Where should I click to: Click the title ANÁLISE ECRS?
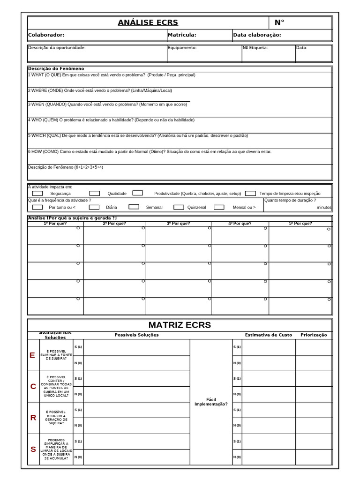coord(148,22)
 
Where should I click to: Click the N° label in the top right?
coord(279,22)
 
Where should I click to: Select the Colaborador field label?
coord(46,35)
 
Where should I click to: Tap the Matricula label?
coord(182,35)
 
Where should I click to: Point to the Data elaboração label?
coord(257,35)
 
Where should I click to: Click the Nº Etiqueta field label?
coord(255,47)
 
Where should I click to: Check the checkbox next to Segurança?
coord(37,193)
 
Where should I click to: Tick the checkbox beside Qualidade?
coord(95,193)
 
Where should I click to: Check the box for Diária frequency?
coord(94,207)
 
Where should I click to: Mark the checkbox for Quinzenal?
coord(179,207)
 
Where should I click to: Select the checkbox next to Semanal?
coord(134,207)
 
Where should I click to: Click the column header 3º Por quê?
coord(178,224)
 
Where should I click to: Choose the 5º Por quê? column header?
coord(300,224)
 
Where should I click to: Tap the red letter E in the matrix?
coord(32,355)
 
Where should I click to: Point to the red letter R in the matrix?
coord(33,418)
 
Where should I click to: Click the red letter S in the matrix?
coord(33,449)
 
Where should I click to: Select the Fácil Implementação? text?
coord(211,402)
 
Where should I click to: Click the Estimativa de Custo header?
coord(268,335)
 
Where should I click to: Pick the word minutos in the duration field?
coord(323,207)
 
